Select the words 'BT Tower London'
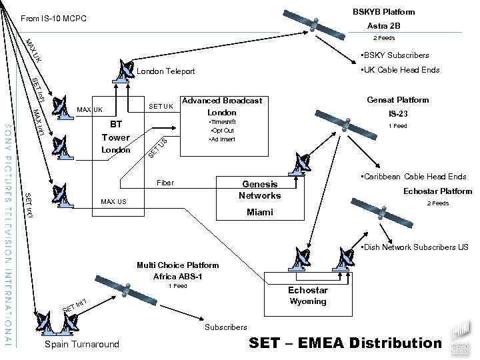[116, 137]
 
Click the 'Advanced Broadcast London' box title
[223, 107]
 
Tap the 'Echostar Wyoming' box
[307, 295]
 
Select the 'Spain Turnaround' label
[81, 345]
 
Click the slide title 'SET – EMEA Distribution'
[345, 343]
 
